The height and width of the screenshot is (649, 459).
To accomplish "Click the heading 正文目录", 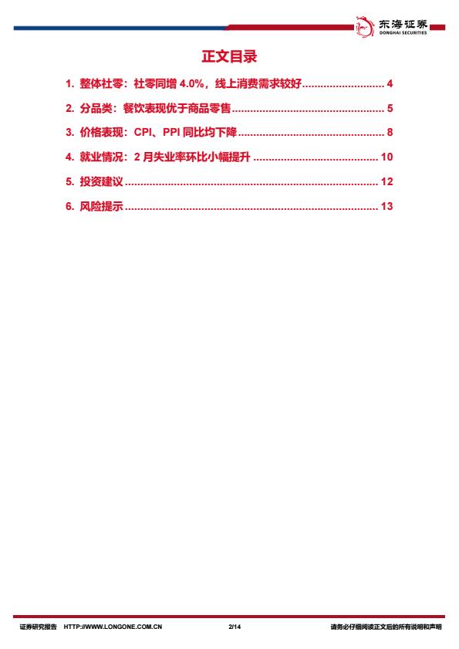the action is (x=229, y=56).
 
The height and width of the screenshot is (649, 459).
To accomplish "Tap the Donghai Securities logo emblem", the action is (x=365, y=26).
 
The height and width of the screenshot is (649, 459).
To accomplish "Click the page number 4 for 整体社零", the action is (x=390, y=83).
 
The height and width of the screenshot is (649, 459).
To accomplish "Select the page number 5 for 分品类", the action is (x=390, y=109).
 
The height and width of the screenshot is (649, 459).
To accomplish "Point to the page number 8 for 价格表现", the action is (x=390, y=133).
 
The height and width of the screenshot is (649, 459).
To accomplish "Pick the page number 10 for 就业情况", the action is (x=386, y=157).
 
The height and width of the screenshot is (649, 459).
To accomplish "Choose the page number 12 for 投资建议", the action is (x=386, y=181).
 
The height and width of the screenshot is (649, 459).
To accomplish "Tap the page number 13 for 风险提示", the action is (x=386, y=206).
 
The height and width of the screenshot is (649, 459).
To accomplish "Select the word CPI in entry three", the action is (x=143, y=133).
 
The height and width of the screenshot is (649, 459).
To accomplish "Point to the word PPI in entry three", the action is (x=171, y=133).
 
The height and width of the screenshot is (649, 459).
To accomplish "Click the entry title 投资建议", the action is (x=101, y=181).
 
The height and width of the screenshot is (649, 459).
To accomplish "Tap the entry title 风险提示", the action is (x=101, y=206).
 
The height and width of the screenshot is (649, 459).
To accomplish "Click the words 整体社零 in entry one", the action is (x=101, y=83).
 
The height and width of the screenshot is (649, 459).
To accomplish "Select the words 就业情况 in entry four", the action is (x=101, y=157).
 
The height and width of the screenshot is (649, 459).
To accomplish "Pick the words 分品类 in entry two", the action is (x=96, y=109).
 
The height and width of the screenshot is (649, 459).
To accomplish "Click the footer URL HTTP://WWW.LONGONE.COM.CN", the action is (x=113, y=627).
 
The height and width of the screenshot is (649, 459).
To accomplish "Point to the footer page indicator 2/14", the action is (x=235, y=627).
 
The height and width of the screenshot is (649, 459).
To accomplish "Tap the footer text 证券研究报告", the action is (x=38, y=627).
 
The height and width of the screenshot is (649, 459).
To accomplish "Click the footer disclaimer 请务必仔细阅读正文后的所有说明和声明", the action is (x=386, y=627).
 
